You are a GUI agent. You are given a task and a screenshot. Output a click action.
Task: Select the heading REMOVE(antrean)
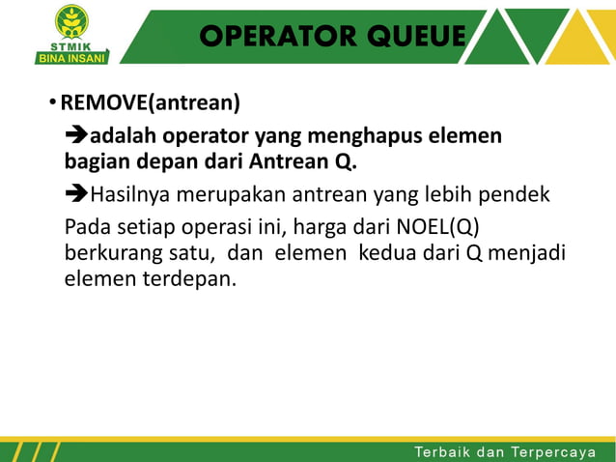(x=151, y=102)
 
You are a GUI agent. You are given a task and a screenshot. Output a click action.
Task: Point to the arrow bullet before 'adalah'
(x=76, y=134)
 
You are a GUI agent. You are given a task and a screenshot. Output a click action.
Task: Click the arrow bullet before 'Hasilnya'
(x=76, y=195)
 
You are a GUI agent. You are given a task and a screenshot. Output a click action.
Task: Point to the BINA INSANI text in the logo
(x=71, y=56)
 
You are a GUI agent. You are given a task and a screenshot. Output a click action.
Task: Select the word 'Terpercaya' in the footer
(x=554, y=451)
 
